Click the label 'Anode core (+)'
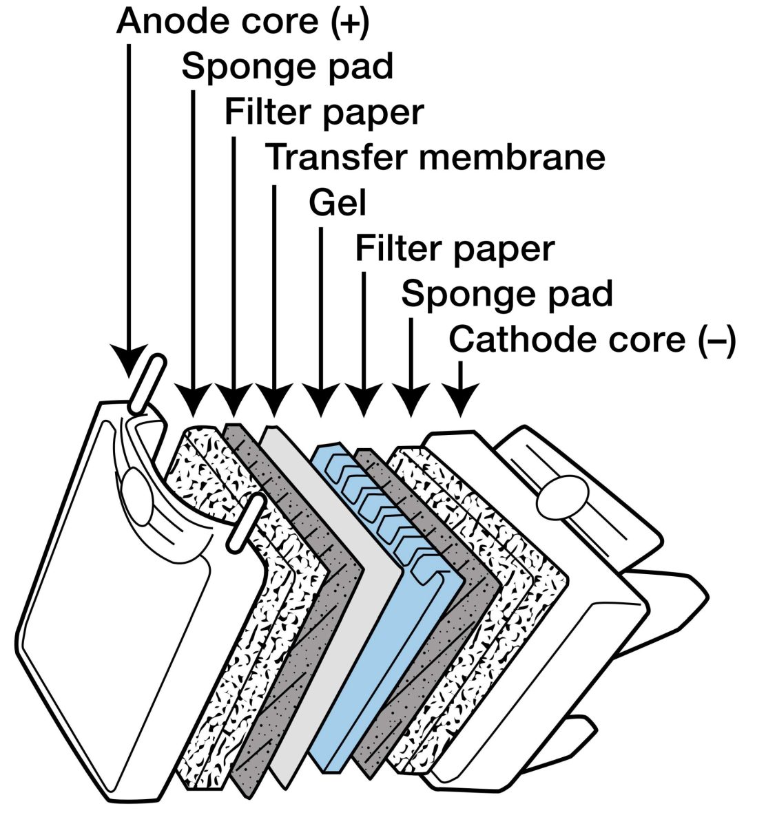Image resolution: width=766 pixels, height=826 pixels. [x=242, y=22]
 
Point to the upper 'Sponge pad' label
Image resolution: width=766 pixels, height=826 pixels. [x=287, y=67]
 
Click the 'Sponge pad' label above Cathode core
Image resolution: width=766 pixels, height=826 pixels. [x=507, y=294]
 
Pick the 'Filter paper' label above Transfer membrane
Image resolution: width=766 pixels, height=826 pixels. [x=324, y=112]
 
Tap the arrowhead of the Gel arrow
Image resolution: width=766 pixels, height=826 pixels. [x=320, y=403]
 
